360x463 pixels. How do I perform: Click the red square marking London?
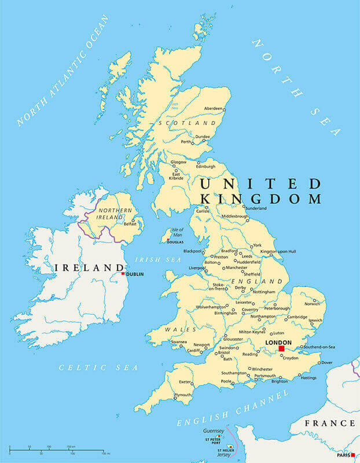(x=281, y=349)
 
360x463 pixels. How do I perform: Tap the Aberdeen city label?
(x=213, y=109)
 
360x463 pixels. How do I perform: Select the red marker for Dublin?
(x=123, y=274)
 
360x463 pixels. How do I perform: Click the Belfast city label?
(x=130, y=223)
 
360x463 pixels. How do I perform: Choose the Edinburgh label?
(x=190, y=167)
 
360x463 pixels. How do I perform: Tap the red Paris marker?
(x=352, y=455)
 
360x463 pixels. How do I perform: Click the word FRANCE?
(x=330, y=424)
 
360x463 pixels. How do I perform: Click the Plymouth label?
(x=183, y=395)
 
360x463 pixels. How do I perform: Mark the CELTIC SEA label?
(x=98, y=368)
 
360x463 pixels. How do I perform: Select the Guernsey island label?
(x=214, y=431)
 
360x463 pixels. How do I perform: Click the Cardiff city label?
(x=194, y=350)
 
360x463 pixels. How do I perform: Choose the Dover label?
(x=327, y=362)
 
